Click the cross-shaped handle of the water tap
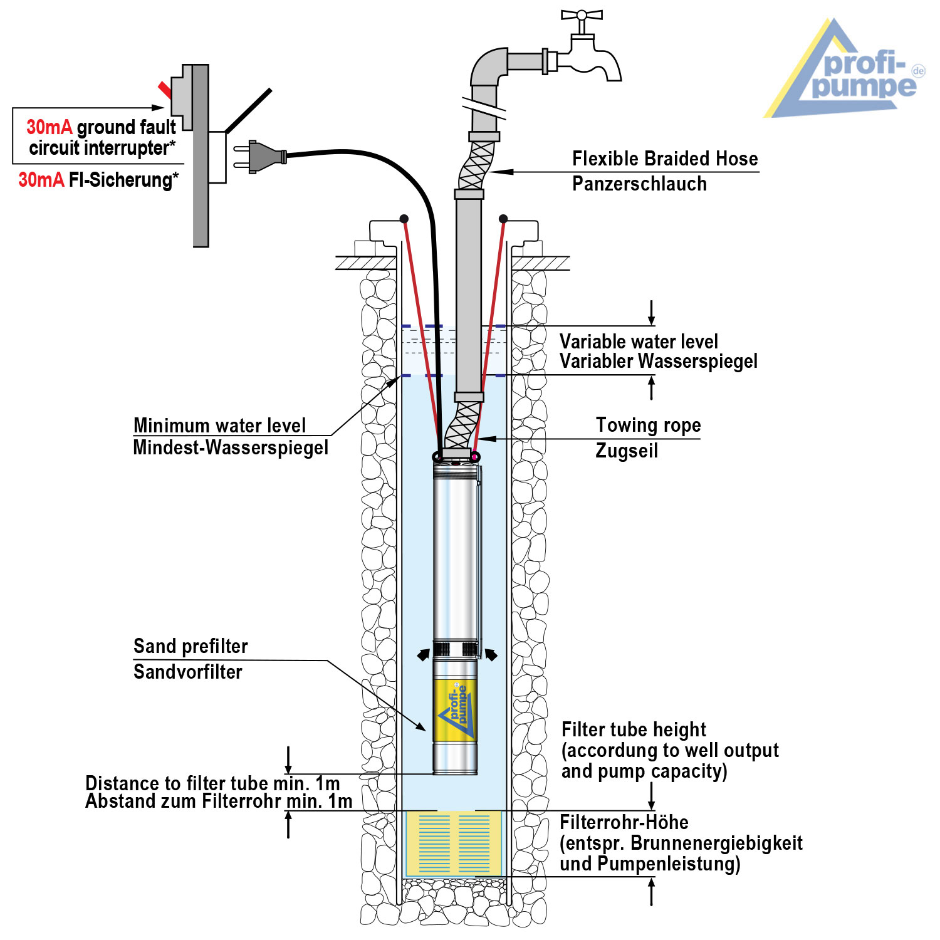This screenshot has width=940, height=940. (x=582, y=15)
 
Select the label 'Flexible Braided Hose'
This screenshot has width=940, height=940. (x=665, y=159)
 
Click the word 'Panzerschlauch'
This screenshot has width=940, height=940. (x=639, y=184)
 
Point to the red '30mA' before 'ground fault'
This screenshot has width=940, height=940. (x=49, y=128)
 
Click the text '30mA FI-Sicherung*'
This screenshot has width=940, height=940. (x=98, y=180)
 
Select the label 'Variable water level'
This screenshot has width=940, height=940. (x=639, y=342)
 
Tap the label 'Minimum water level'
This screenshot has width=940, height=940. (x=219, y=426)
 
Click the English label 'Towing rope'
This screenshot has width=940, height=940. (x=648, y=426)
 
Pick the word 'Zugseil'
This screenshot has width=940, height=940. (x=627, y=451)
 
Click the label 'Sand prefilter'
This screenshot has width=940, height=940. (x=191, y=647)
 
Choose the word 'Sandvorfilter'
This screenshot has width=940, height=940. (x=188, y=672)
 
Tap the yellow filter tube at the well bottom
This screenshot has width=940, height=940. (x=454, y=843)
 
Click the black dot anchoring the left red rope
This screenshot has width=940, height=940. (x=404, y=219)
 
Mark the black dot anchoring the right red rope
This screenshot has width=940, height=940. (x=503, y=219)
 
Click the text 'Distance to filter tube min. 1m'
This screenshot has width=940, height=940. (x=212, y=783)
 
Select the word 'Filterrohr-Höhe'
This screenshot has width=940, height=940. (x=624, y=823)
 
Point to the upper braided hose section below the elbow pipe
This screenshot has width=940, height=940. (x=476, y=164)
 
